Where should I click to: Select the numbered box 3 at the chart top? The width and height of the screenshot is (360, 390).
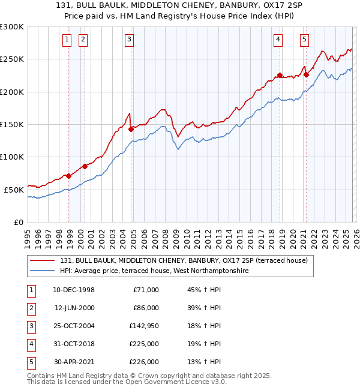coord(129,40)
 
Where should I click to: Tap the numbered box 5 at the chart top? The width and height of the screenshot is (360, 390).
coord(305,40)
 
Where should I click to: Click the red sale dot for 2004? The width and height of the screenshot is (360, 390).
coord(131,128)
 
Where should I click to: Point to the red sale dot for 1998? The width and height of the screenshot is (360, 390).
coord(69,176)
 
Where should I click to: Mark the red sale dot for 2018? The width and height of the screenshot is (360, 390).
coord(280,76)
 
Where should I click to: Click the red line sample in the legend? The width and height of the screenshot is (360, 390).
coord(43,260)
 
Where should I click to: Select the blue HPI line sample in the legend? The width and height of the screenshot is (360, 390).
coord(43,271)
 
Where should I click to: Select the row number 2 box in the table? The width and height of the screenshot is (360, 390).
coord(31,308)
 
